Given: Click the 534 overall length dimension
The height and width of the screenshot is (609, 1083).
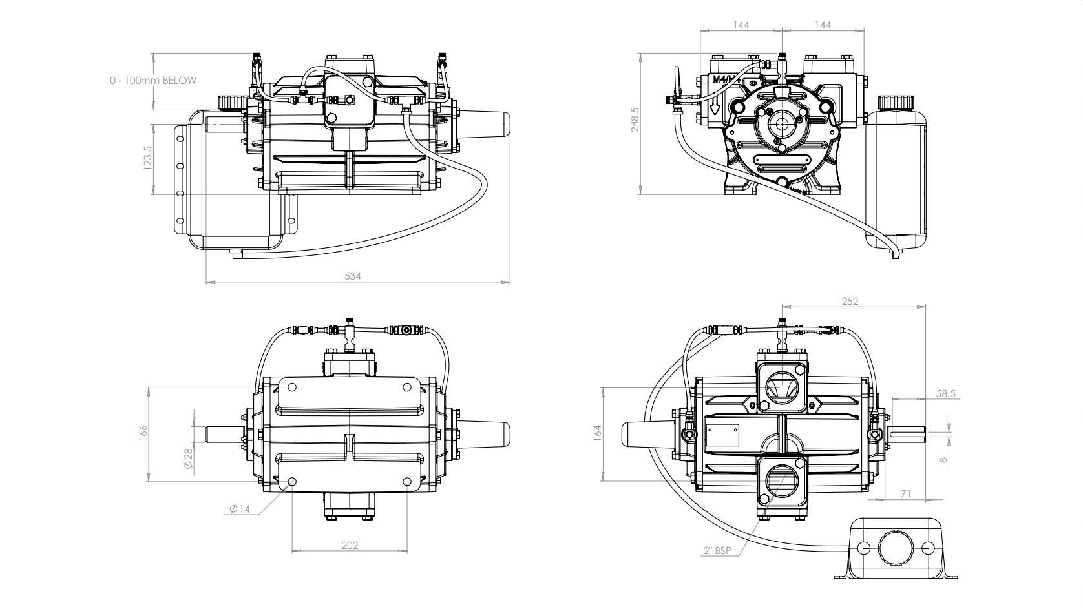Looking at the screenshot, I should click(x=352, y=276).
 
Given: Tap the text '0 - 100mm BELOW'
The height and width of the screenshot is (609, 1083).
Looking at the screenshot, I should click(x=153, y=81).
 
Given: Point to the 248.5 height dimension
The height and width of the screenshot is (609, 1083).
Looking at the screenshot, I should click(x=635, y=119).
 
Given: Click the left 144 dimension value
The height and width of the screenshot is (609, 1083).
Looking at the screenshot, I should click(x=741, y=25).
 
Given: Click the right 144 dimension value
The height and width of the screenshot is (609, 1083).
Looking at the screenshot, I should click(x=822, y=25).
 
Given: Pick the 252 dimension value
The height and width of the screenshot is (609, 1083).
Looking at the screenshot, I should click(x=850, y=301).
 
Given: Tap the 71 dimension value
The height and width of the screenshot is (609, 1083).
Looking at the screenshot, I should click(x=905, y=493).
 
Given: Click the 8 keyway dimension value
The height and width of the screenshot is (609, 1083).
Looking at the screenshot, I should click(x=943, y=460).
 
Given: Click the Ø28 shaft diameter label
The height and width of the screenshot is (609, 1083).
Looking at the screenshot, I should click(x=188, y=459).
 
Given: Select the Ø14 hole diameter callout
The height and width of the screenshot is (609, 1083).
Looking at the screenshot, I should click(x=239, y=509).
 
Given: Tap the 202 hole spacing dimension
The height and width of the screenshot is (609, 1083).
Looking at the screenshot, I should click(x=349, y=545).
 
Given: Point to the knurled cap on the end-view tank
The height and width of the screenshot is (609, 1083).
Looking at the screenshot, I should click(x=895, y=102).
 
